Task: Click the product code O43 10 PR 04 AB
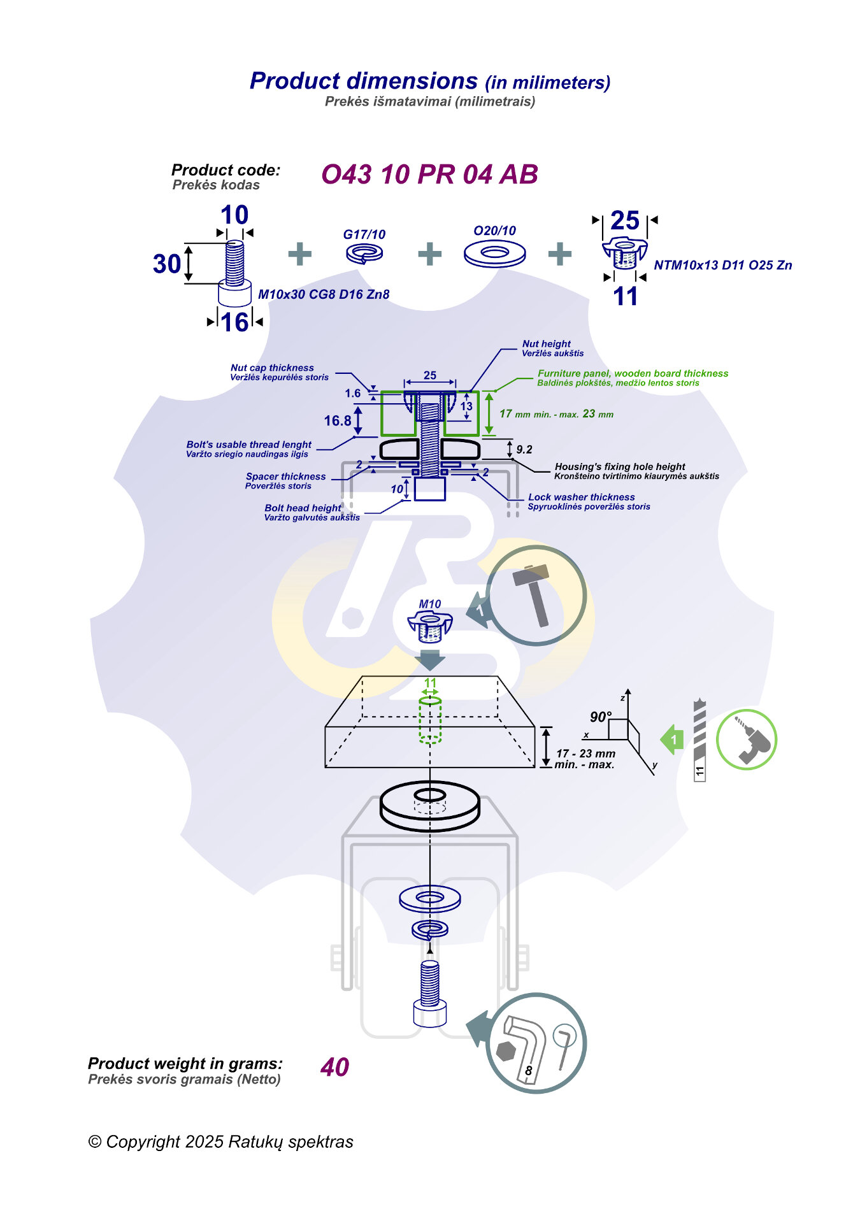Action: [x=429, y=175]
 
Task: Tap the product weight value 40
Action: [x=334, y=1067]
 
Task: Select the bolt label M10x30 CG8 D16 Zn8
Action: [x=324, y=294]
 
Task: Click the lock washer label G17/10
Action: [x=364, y=234]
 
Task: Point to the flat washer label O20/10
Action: [x=494, y=231]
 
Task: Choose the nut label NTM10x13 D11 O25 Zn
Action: [x=722, y=265]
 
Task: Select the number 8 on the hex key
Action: [x=528, y=1071]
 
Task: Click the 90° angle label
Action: [x=600, y=717]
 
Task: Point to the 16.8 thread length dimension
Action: [x=338, y=421]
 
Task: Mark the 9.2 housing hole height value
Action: [x=524, y=450]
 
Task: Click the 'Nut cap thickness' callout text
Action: [x=272, y=368]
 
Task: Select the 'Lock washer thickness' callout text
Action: [x=581, y=497]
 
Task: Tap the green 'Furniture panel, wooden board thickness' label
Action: [x=633, y=374]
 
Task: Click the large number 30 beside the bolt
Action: [x=167, y=264]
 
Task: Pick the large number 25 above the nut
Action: [x=624, y=221]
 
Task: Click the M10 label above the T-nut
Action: [x=430, y=604]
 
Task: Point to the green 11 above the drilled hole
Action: [x=431, y=683]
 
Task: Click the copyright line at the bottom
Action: [x=220, y=1142]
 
